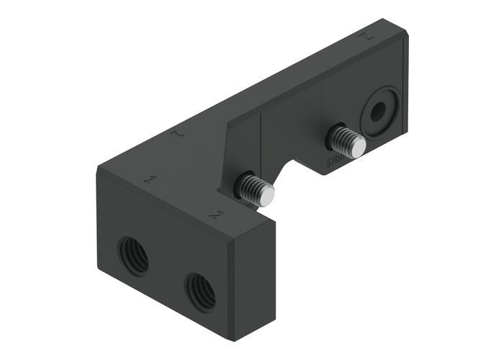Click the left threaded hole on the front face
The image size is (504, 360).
click(x=133, y=256)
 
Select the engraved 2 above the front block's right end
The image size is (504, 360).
click(x=215, y=214)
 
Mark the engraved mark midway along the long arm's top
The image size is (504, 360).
click(x=179, y=134)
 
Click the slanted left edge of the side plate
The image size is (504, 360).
click(x=224, y=155)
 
